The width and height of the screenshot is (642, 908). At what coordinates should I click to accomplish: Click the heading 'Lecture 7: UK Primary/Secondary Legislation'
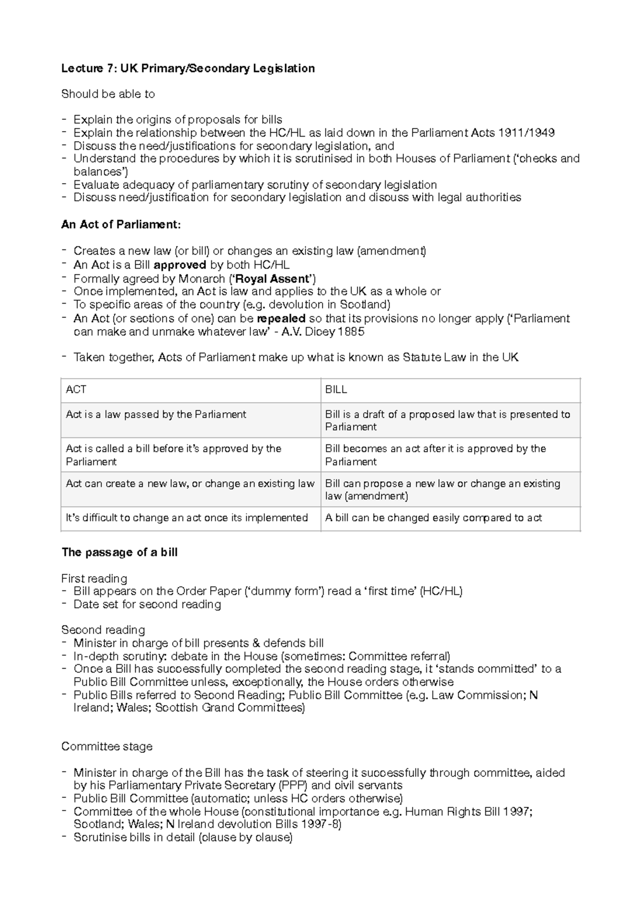[x=188, y=68]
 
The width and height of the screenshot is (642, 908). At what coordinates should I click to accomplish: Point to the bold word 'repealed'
[x=281, y=319]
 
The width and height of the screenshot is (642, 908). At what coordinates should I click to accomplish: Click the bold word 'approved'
[x=180, y=264]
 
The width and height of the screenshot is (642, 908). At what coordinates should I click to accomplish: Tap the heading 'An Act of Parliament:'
[x=121, y=224]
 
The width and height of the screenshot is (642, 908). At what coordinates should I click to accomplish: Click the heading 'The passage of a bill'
[x=119, y=553]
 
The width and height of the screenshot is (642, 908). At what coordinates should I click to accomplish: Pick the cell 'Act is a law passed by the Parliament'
[x=156, y=414]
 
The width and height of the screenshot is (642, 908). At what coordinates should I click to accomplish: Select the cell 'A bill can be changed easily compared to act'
[x=433, y=518]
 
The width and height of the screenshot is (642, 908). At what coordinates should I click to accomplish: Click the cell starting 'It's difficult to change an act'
[x=187, y=518]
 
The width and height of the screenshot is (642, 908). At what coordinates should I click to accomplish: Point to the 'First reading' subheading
[x=94, y=578]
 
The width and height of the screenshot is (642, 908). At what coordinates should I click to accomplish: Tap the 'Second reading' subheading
[x=103, y=630]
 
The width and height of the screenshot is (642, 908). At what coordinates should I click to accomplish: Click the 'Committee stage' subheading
[x=107, y=746]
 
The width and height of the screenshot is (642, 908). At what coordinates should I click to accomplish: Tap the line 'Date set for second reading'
[x=147, y=604]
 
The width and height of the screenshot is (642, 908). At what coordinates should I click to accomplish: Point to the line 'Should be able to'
[x=108, y=94]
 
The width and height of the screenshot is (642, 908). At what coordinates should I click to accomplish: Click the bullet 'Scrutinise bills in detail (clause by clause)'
[x=183, y=837]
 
